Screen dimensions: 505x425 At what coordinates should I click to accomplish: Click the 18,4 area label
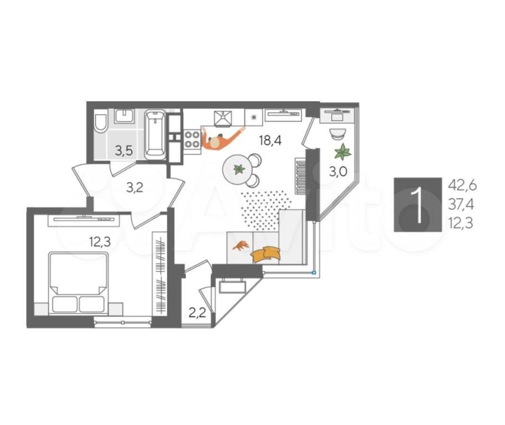pyautogui.click(x=270, y=141)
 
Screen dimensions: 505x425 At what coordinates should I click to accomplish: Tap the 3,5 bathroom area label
pyautogui.click(x=124, y=151)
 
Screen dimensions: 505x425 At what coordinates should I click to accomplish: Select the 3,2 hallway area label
pyautogui.click(x=135, y=188)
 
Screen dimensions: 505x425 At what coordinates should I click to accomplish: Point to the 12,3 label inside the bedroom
pyautogui.click(x=100, y=241)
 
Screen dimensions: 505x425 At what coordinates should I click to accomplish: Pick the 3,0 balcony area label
pyautogui.click(x=338, y=172)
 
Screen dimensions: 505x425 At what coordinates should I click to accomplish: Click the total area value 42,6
pyautogui.click(x=462, y=186)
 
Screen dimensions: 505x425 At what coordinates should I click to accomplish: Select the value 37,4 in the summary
pyautogui.click(x=461, y=204)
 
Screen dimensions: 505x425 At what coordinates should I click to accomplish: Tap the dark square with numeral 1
pyautogui.click(x=418, y=205)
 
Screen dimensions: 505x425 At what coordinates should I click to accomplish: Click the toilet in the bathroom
pyautogui.click(x=101, y=123)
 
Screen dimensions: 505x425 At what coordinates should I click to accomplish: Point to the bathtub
pyautogui.click(x=155, y=134)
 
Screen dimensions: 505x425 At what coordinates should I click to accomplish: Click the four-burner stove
pyautogui.click(x=192, y=139)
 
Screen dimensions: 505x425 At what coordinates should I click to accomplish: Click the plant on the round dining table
pyautogui.click(x=239, y=169)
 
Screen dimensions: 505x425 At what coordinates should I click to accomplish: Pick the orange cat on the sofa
pyautogui.click(x=240, y=246)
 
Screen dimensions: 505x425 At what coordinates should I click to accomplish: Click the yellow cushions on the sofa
pyautogui.click(x=266, y=253)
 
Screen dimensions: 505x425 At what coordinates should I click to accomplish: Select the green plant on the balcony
pyautogui.click(x=342, y=152)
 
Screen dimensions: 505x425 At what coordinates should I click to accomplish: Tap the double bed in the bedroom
pyautogui.click(x=78, y=283)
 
